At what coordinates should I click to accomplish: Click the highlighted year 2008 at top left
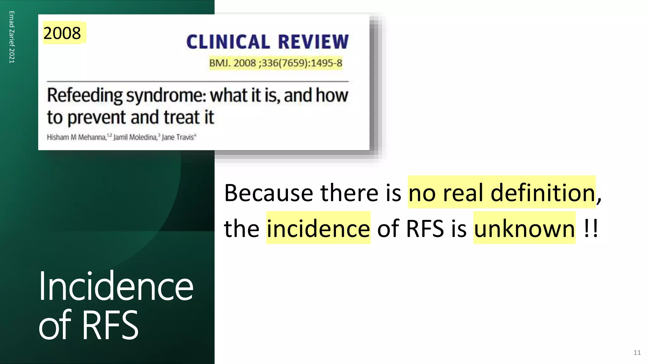click(x=62, y=33)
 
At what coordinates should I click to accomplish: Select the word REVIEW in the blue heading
click(x=313, y=42)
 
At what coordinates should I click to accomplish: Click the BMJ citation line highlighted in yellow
click(x=276, y=63)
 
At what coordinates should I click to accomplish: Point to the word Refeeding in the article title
click(x=85, y=95)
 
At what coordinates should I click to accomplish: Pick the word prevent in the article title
click(x=97, y=118)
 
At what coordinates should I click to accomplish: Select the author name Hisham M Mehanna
click(x=76, y=137)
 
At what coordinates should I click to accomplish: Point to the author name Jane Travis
click(x=178, y=137)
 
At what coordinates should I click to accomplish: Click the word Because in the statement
click(x=269, y=193)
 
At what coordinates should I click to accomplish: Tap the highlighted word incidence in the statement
click(x=318, y=228)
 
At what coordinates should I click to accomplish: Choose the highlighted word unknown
click(x=524, y=228)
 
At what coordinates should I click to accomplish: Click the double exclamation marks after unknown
click(x=591, y=228)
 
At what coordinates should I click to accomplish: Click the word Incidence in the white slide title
click(x=116, y=286)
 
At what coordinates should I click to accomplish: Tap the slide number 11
click(x=637, y=353)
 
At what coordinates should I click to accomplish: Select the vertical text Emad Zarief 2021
click(x=12, y=37)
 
